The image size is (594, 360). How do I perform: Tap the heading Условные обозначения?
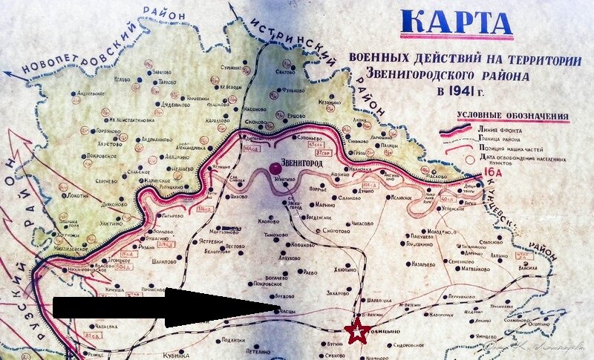click(x=512, y=117)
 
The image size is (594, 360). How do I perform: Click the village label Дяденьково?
click(x=177, y=105)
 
